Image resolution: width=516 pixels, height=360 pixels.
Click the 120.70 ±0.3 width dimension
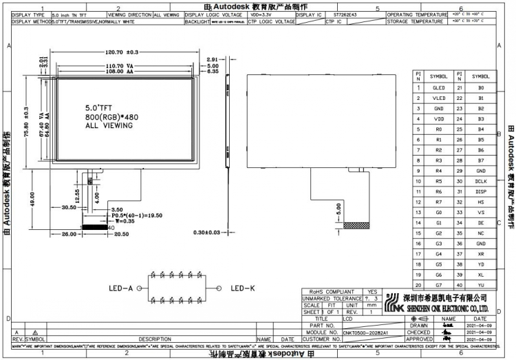click(x=122, y=52)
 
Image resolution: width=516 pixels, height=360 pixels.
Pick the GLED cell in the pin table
click(x=438, y=88)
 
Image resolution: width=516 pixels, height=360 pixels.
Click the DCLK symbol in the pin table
click(x=481, y=181)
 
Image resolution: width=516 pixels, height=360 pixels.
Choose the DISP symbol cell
click(x=481, y=191)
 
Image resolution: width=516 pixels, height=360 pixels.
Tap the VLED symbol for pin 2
click(x=438, y=98)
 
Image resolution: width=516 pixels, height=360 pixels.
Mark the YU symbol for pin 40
click(x=481, y=285)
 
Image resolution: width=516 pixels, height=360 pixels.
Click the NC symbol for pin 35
click(x=481, y=233)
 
